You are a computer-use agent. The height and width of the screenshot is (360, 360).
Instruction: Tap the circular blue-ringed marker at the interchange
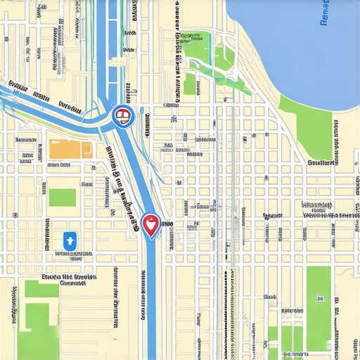122,116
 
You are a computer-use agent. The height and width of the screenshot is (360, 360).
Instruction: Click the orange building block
70,149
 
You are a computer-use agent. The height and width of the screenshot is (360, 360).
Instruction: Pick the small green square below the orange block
62,197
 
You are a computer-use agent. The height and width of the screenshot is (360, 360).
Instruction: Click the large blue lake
295,42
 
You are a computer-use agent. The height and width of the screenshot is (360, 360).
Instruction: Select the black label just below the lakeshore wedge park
320,162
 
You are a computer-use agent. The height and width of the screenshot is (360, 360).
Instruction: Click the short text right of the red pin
167,224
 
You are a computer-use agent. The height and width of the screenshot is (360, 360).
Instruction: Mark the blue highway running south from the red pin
151,302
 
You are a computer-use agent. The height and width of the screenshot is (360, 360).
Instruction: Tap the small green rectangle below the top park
189,84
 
